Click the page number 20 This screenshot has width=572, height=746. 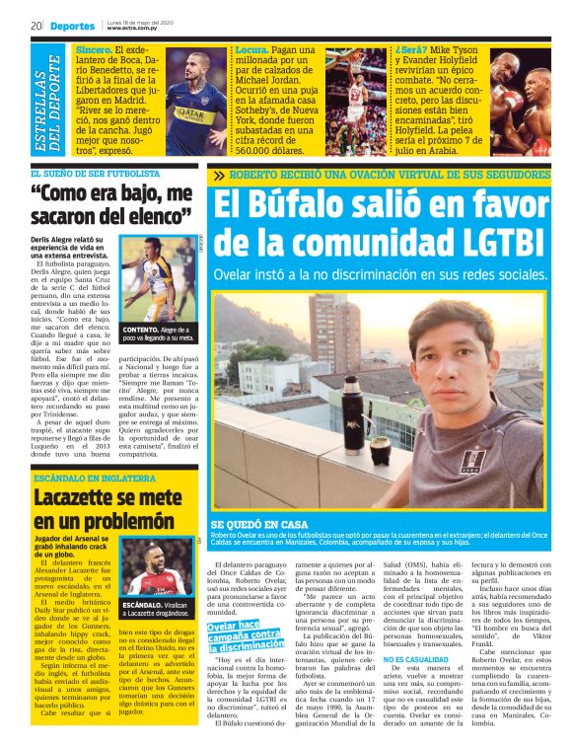coord(36,26)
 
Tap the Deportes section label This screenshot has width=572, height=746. coord(73,26)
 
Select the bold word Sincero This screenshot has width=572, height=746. coord(94,49)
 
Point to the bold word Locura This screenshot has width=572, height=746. coord(252,49)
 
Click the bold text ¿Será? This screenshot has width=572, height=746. coord(412,49)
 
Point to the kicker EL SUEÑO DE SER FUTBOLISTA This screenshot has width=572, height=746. coord(110,171)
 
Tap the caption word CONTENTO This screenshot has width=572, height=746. coord(142,330)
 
